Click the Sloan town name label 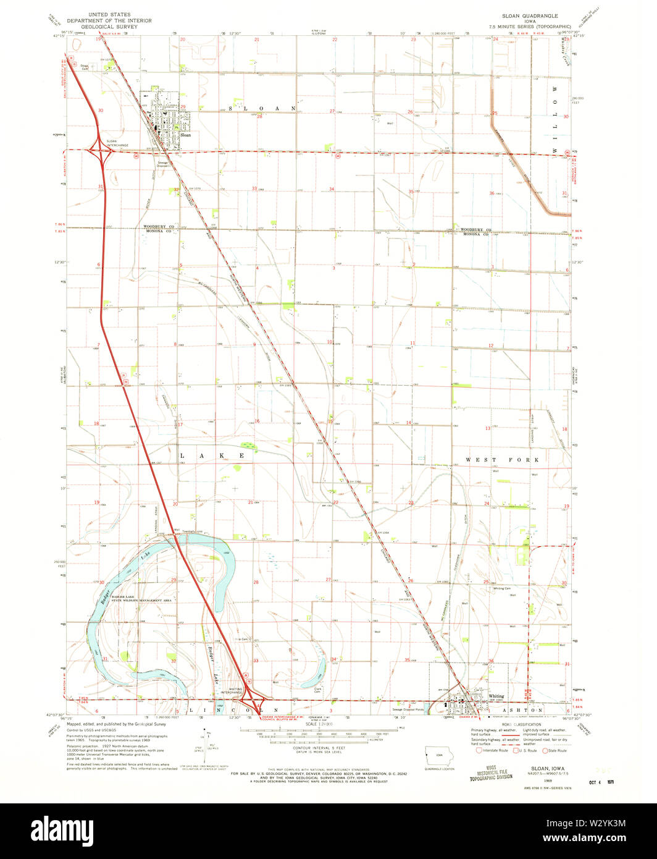(186, 135)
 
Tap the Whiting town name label (496, 696)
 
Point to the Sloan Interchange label (112, 143)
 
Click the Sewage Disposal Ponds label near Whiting (409, 709)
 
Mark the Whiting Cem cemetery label (502, 588)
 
